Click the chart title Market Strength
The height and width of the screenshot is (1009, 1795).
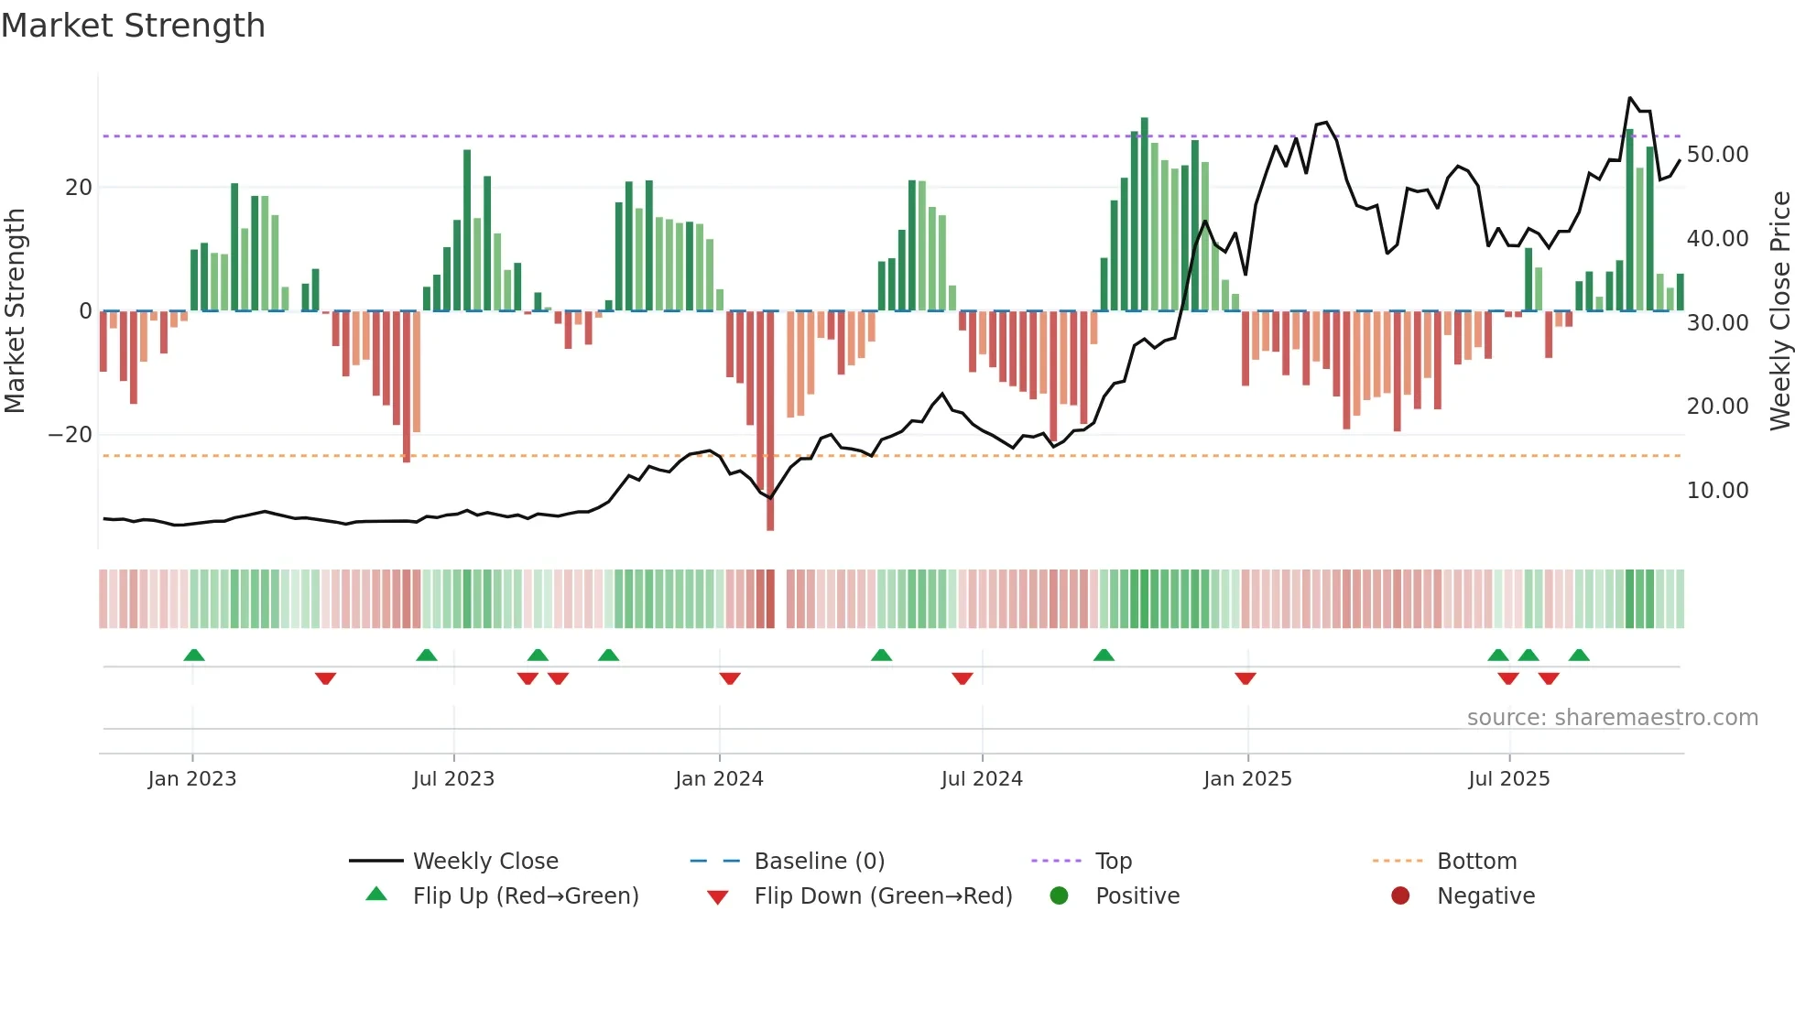point(133,26)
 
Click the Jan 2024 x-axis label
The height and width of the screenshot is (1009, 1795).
point(719,779)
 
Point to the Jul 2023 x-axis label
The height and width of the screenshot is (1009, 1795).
point(453,779)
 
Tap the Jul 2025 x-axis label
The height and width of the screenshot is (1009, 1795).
point(1508,779)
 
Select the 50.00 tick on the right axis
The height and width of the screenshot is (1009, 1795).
point(1717,155)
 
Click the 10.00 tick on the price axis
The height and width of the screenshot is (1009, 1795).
point(1717,491)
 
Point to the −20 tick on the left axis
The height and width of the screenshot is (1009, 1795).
point(71,435)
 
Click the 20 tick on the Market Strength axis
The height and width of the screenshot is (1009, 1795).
point(79,188)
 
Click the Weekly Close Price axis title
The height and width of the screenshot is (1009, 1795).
point(1779,311)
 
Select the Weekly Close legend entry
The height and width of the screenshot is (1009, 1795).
point(484,862)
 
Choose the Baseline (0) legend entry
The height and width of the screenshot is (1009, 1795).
point(819,862)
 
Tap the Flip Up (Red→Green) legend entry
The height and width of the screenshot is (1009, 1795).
point(525,896)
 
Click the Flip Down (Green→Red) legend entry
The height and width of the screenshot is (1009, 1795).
point(883,896)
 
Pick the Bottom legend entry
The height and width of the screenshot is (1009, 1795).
point(1476,862)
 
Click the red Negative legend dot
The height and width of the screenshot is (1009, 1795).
point(1400,895)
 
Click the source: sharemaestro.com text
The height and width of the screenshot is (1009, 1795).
point(1612,718)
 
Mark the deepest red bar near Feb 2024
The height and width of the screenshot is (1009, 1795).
point(770,421)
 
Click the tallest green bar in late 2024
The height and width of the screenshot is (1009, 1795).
point(1144,214)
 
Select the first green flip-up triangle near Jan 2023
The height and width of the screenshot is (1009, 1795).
point(194,655)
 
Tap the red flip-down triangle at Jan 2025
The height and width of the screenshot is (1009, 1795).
point(1245,678)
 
